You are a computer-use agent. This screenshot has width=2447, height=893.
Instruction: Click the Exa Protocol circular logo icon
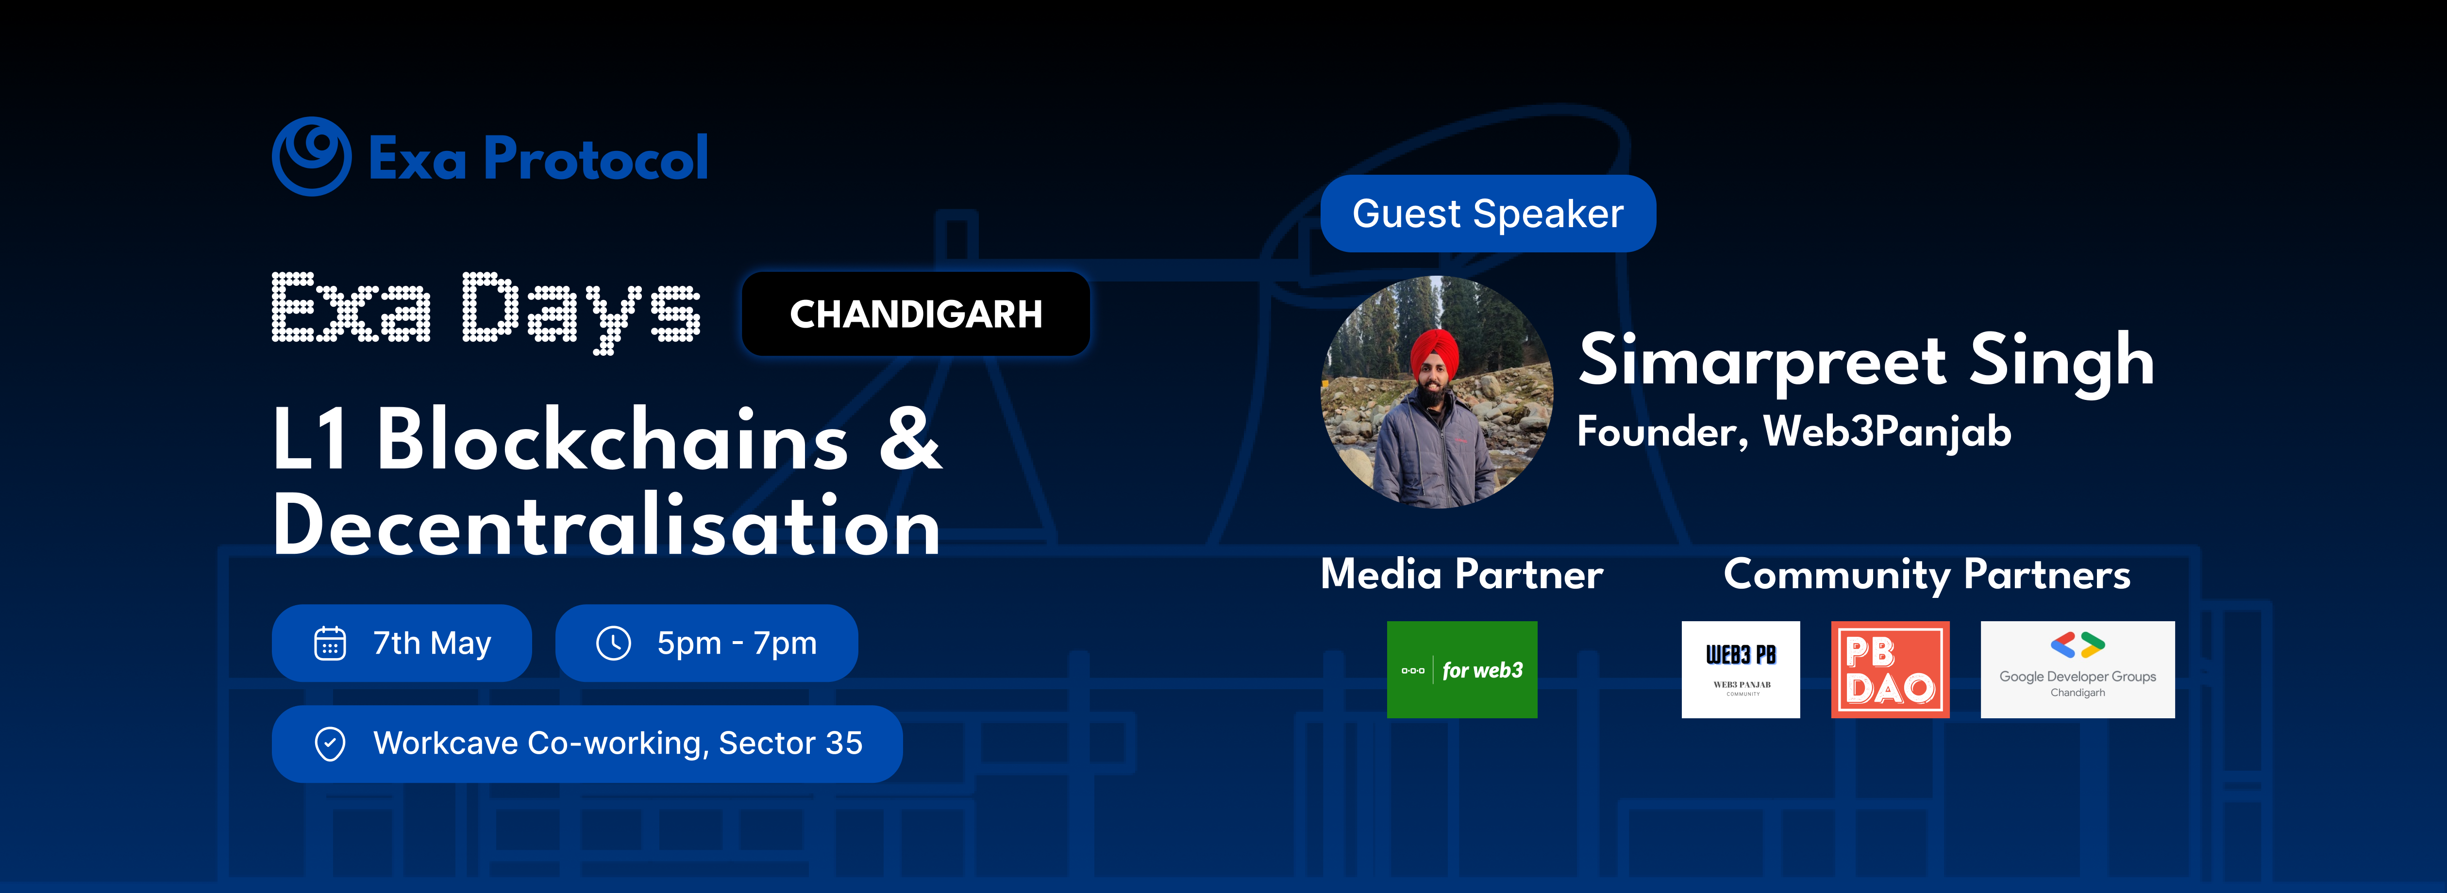coord(312,157)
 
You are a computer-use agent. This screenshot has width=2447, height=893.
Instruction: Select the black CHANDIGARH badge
coord(916,314)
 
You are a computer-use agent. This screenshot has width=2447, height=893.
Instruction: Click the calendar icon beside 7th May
coord(330,643)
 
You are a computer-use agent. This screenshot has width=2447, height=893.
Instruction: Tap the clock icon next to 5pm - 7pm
coord(614,643)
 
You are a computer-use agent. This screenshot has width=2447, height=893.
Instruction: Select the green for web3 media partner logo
coord(1462,670)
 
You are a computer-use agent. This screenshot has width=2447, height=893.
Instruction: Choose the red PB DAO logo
coord(1890,670)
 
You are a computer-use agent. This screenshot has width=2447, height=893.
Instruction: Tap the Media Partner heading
coord(1462,575)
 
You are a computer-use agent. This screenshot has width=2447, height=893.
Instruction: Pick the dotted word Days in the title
coord(581,312)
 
